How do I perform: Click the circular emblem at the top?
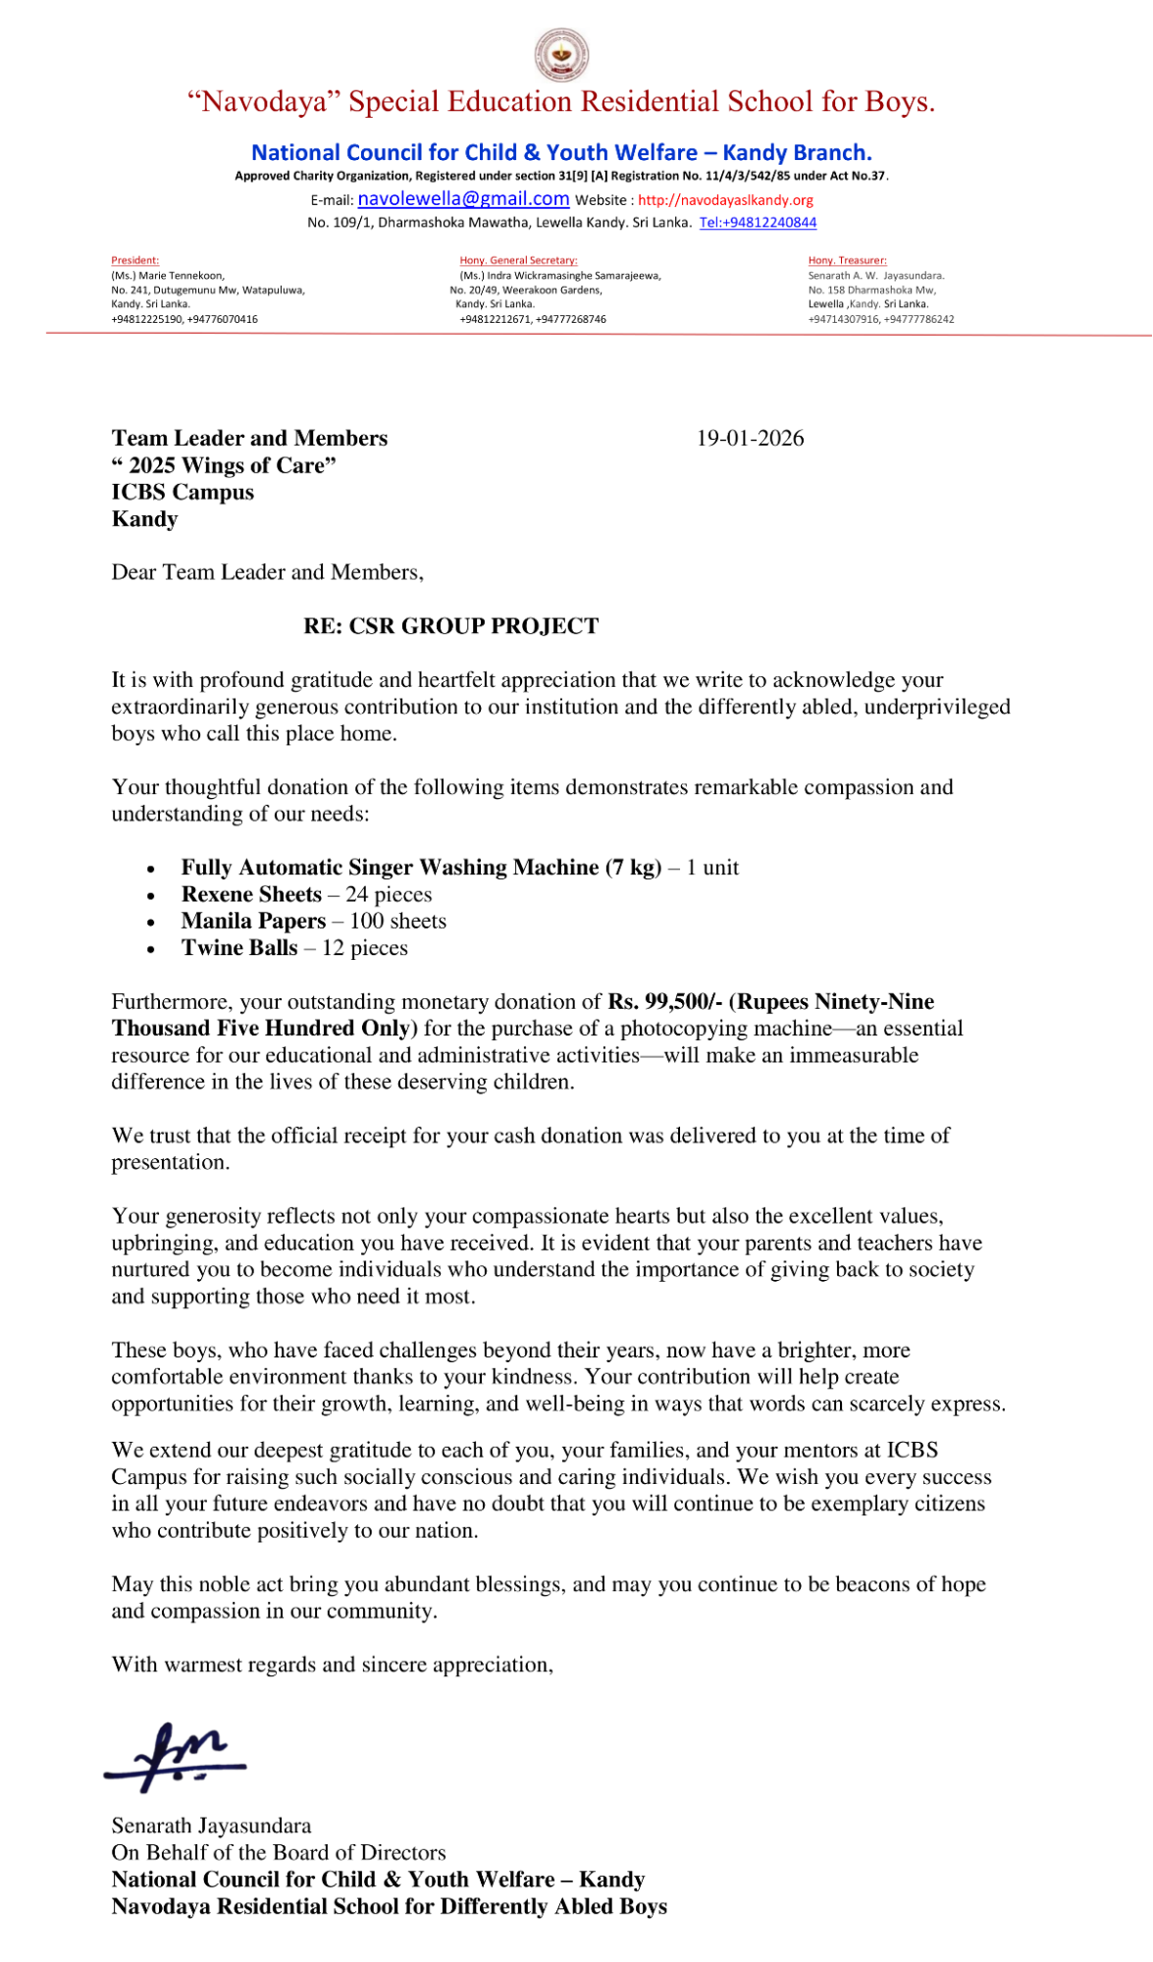click(x=561, y=54)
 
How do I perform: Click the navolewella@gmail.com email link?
click(x=463, y=199)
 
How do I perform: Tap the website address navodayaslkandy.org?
click(x=725, y=200)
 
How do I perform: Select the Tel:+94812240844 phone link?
click(x=758, y=223)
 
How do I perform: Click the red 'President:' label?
click(x=134, y=260)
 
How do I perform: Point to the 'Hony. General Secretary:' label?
click(x=518, y=260)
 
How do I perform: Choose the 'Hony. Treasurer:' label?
click(x=847, y=260)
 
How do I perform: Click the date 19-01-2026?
click(x=750, y=439)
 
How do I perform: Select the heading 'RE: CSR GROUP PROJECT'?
click(x=450, y=626)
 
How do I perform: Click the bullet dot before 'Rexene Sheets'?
click(x=150, y=896)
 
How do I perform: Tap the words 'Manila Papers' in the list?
click(x=253, y=922)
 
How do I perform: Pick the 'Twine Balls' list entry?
click(x=239, y=948)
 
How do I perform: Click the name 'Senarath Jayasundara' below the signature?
click(x=211, y=1827)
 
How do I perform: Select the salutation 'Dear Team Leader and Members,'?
click(x=267, y=572)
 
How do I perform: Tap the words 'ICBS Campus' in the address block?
click(x=183, y=493)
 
